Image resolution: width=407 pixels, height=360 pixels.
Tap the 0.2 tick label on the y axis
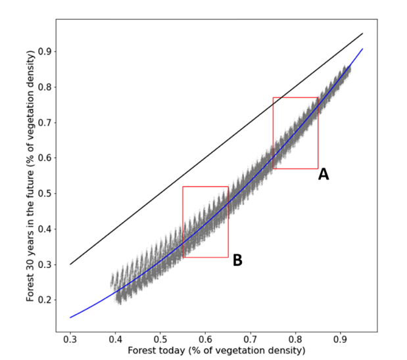point(44,300)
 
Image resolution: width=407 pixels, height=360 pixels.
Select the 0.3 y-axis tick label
point(44,265)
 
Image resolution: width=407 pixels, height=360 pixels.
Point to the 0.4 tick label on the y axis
point(44,229)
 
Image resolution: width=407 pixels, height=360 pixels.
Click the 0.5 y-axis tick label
point(44,194)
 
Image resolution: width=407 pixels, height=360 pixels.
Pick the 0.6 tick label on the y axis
point(44,158)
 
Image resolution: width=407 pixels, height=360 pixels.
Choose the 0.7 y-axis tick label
point(44,123)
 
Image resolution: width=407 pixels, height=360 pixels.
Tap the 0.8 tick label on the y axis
point(44,87)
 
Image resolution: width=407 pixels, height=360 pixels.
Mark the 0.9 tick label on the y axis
point(44,52)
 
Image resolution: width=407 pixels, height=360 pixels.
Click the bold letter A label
point(323,175)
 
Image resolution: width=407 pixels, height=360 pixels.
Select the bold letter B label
point(237,261)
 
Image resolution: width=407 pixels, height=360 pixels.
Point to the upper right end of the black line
point(362,34)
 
